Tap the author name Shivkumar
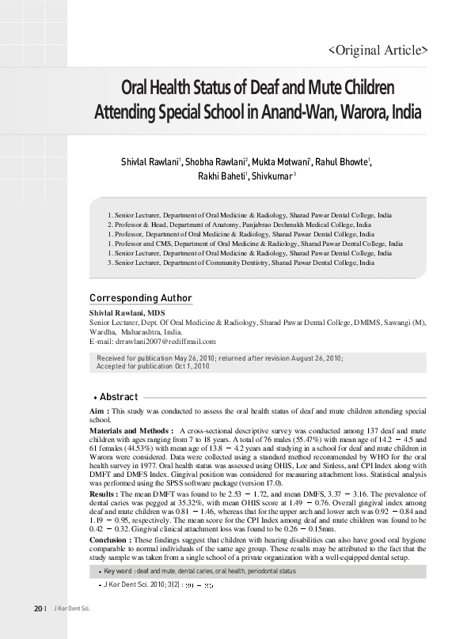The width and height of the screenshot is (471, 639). pos(272,176)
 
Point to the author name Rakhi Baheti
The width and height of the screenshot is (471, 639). pos(222,176)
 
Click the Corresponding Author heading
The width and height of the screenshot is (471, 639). pos(140,298)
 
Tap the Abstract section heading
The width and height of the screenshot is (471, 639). pos(119,397)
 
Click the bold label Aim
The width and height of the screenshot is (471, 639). pos(98,412)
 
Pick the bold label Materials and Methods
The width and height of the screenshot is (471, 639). pos(131,429)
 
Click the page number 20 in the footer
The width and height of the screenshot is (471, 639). pos(37,630)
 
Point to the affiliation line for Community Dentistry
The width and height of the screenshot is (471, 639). pos(241,263)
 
